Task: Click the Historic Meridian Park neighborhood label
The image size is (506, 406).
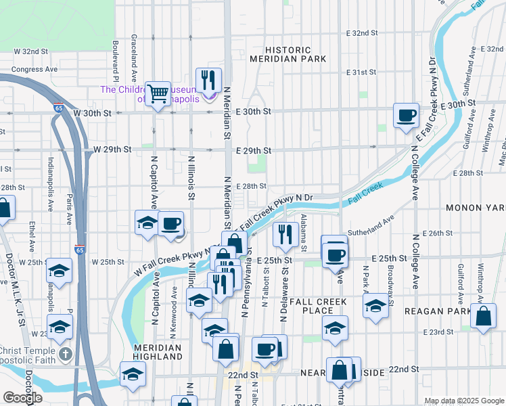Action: pos(288,55)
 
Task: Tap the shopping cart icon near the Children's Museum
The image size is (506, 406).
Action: pos(158,93)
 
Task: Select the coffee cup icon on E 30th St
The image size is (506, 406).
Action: pos(406,115)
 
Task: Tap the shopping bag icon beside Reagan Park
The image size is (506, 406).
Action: pos(484,316)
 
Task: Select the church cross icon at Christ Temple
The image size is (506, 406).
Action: pos(65,354)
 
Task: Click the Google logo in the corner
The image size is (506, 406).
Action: pos(22,397)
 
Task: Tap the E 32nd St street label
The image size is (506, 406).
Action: pos(361,32)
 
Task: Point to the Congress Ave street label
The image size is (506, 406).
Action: pos(31,68)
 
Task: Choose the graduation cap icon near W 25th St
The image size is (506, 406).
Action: pos(59,271)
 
